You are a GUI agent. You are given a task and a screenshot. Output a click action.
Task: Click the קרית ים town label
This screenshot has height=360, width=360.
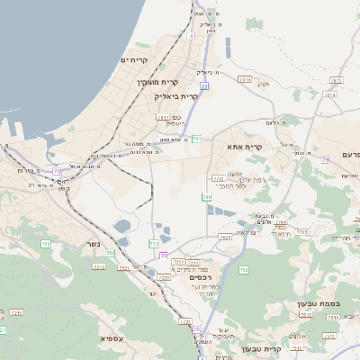click(x=133, y=59)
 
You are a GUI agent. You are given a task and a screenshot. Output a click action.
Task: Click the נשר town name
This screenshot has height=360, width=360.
click(x=94, y=243)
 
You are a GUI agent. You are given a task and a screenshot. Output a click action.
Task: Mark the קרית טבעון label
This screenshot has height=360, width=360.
click(x=262, y=348)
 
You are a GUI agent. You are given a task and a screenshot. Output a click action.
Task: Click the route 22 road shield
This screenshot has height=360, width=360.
click(x=204, y=85)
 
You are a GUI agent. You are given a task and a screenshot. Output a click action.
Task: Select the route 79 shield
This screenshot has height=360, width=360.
click(x=57, y=169)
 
